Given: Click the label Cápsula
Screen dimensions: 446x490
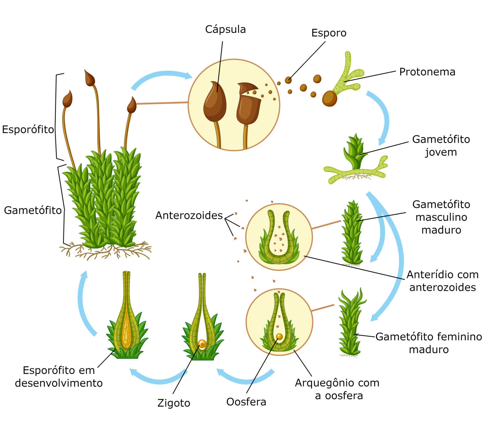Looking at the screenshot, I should coord(225,29).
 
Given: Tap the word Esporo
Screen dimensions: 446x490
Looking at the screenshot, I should coord(329,33).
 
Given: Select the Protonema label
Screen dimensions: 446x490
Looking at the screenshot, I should coord(427,72).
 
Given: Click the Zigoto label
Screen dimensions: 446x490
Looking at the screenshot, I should coord(174,403).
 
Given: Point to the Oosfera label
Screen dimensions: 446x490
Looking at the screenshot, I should coord(246,402).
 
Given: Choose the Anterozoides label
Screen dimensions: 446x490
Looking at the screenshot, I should coord(189,215).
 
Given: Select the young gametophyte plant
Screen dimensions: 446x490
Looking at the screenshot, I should coord(355,153).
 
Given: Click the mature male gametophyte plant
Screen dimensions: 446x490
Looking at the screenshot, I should coord(352,233).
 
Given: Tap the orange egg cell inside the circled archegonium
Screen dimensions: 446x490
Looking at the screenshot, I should coord(279,336).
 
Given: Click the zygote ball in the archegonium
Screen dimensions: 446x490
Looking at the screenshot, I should coord(202,343).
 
